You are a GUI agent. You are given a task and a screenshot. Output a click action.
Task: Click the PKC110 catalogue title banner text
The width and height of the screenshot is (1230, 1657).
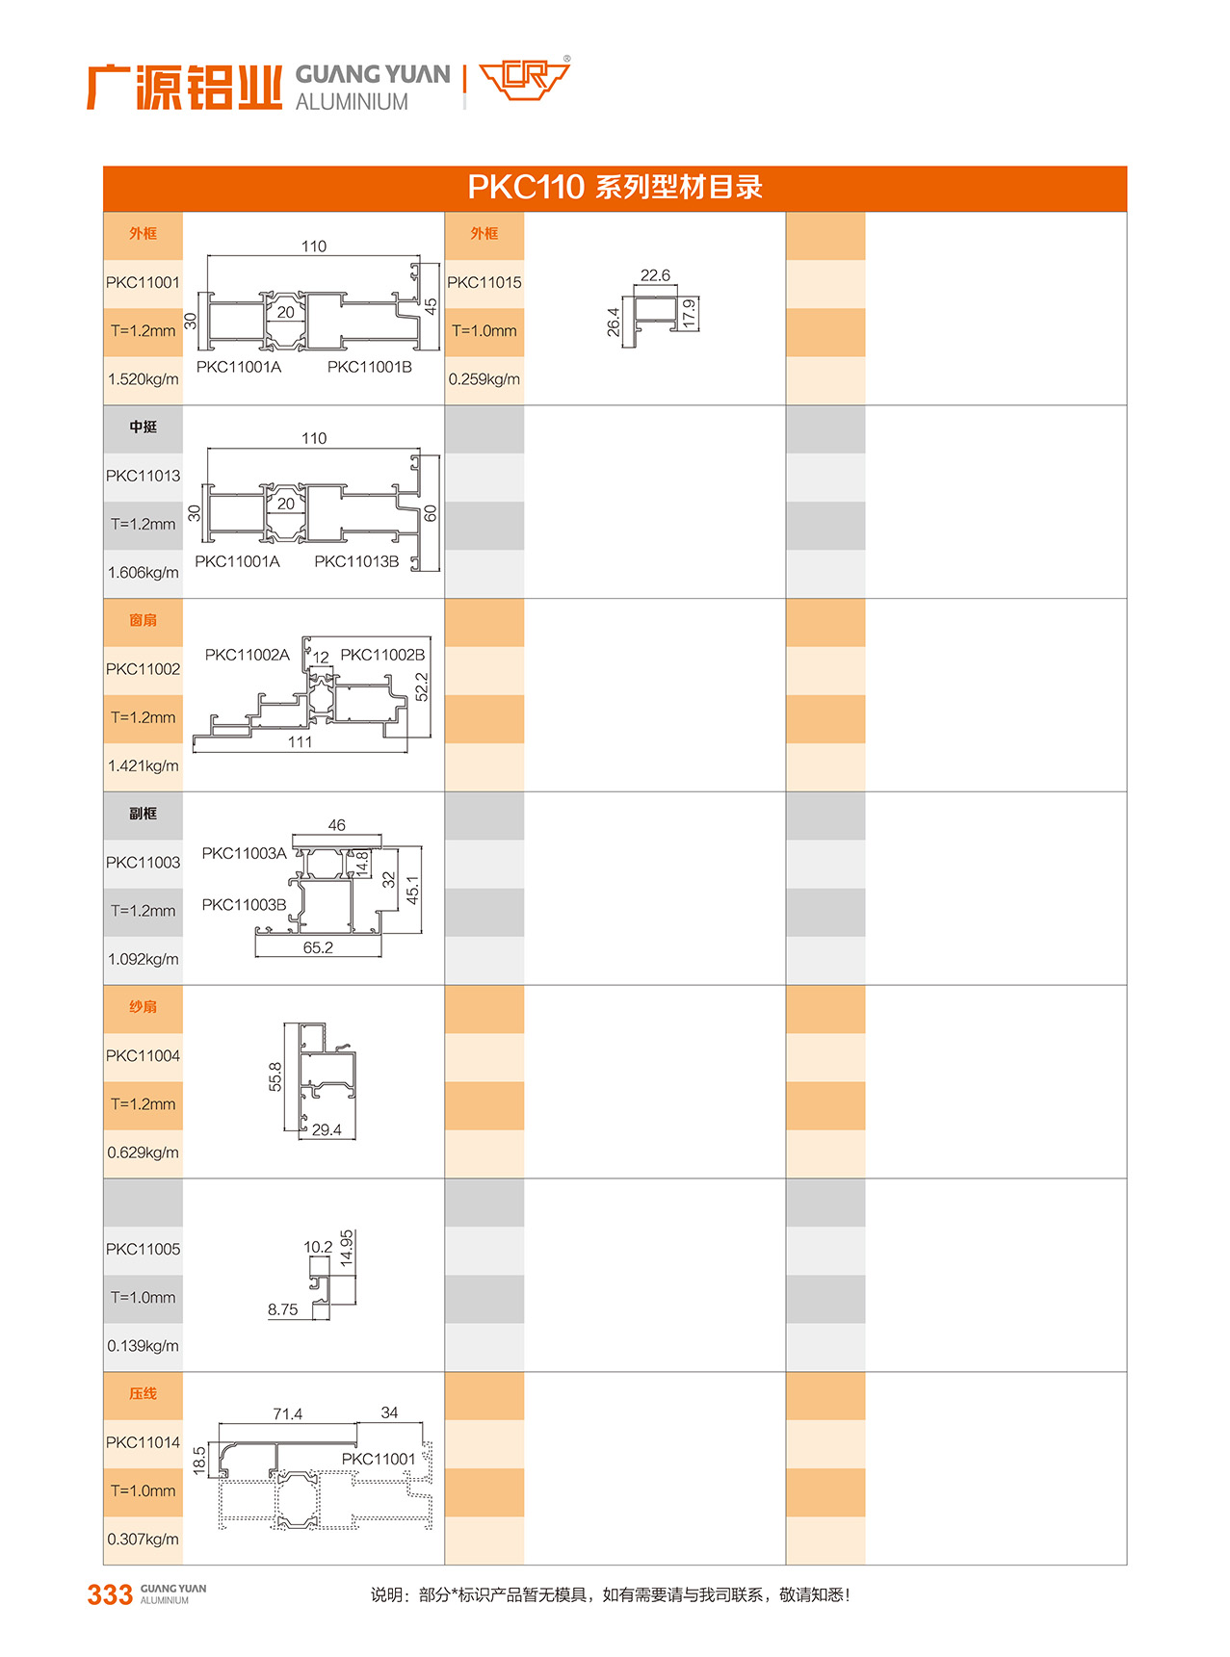(x=615, y=187)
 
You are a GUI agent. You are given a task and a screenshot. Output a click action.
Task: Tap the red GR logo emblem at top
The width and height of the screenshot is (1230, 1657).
(x=525, y=79)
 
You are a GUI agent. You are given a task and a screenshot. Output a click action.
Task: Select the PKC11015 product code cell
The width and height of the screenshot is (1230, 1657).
(x=484, y=283)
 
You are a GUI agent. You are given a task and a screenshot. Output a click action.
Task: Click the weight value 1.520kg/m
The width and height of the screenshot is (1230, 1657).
(x=143, y=379)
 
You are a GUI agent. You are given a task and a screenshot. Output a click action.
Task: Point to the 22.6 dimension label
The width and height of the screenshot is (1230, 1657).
(x=655, y=275)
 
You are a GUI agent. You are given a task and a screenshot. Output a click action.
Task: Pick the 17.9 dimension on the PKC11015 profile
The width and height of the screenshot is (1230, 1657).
(x=689, y=314)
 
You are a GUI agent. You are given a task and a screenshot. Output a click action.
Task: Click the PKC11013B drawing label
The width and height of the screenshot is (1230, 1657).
(x=356, y=561)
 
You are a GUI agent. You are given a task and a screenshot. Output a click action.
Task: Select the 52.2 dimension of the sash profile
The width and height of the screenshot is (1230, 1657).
(x=421, y=686)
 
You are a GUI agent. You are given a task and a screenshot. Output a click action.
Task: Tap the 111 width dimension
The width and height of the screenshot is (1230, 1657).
(x=300, y=742)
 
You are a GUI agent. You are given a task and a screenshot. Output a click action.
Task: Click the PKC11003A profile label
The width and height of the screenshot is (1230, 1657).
(x=244, y=853)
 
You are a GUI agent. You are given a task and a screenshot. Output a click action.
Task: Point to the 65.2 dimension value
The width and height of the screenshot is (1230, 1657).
(x=318, y=948)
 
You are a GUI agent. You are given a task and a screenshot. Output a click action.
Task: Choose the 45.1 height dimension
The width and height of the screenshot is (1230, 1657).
(x=412, y=890)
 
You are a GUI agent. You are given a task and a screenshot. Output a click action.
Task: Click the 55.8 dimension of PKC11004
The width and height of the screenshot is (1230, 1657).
(x=275, y=1076)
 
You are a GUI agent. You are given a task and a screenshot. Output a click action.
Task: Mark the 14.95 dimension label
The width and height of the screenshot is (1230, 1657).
(x=347, y=1247)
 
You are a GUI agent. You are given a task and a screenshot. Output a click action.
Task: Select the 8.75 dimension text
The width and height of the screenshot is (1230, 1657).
(x=282, y=1310)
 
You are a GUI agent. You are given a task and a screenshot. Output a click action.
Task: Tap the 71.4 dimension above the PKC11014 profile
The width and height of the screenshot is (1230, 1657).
(x=287, y=1414)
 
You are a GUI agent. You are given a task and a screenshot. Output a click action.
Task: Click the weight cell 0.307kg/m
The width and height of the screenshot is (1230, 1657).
(x=143, y=1540)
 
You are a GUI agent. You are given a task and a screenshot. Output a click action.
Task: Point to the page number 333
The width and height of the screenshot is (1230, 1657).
(x=110, y=1595)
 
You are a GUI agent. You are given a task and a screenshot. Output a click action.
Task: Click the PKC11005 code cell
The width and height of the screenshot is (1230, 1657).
(x=143, y=1250)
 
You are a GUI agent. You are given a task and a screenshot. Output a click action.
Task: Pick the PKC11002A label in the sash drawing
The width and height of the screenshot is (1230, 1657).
(x=247, y=655)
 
